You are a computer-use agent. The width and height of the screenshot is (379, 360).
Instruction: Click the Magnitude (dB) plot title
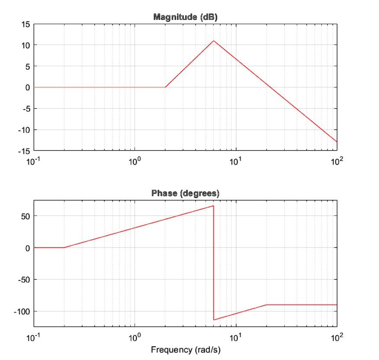(x=185, y=17)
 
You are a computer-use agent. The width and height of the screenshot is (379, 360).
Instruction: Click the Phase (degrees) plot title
(x=185, y=193)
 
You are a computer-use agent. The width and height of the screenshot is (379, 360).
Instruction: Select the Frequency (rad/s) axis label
(x=185, y=349)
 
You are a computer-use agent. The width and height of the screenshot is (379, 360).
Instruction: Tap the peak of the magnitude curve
(x=213, y=41)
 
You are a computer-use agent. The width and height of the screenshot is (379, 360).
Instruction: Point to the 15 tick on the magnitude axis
(x=26, y=24)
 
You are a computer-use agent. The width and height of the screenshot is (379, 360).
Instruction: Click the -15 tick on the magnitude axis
(x=25, y=151)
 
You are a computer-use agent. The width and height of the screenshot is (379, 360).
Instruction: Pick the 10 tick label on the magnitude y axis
(x=26, y=45)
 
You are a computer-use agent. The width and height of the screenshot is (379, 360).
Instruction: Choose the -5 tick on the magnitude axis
(x=26, y=109)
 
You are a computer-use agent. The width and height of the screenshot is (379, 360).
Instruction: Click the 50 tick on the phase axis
(x=26, y=216)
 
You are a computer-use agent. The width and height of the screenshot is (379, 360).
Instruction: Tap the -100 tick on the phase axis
(x=22, y=312)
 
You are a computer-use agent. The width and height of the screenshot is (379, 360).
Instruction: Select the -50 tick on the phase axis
(x=24, y=280)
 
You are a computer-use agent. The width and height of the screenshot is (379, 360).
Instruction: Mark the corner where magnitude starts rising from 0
(x=165, y=87)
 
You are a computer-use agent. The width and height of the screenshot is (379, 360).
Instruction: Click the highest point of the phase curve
(x=213, y=206)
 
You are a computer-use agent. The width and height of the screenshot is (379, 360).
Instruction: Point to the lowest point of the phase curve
(x=214, y=320)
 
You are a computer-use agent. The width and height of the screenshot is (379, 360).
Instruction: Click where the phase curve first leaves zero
(x=64, y=247)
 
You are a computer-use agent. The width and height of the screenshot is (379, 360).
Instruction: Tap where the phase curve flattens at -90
(x=267, y=305)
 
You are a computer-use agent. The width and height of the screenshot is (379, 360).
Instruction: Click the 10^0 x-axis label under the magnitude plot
(x=135, y=161)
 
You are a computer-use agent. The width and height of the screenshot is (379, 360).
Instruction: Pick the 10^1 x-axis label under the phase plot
(x=236, y=337)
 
